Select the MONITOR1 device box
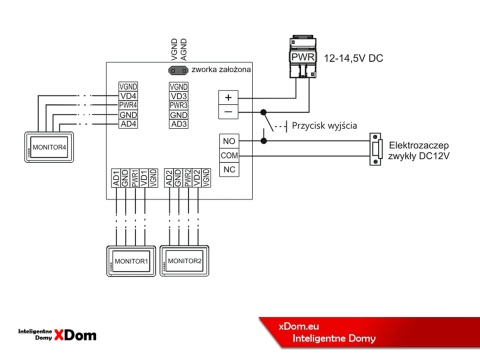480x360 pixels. coord(130,260)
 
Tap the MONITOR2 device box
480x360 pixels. coord(184,260)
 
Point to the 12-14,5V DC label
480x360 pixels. coord(354,60)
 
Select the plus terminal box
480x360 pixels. coord(228,97)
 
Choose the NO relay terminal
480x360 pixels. coord(228,142)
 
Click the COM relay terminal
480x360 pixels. coord(228,156)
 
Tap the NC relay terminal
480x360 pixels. coord(228,170)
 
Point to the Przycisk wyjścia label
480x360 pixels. coord(324,126)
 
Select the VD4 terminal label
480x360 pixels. coord(128,96)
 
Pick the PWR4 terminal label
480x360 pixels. coord(128,105)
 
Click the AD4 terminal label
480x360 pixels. coord(128,123)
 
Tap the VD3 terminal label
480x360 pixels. coord(179,96)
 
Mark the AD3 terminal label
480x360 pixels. coord(179,123)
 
